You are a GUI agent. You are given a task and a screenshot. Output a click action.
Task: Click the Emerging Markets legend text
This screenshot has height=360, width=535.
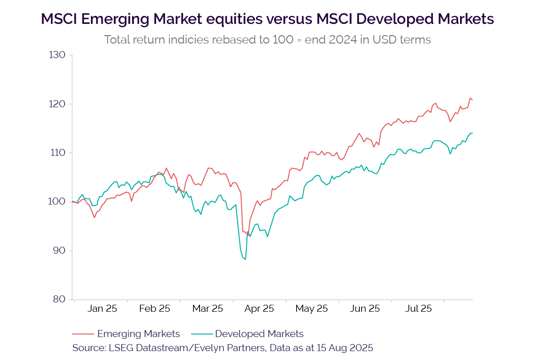pos(138,334)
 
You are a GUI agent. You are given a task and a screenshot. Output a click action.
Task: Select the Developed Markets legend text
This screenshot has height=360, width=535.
pos(259,334)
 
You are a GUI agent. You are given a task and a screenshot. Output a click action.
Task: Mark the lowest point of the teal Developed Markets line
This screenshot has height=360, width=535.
pos(245,259)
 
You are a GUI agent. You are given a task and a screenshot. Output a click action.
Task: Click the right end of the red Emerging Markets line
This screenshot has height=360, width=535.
pos(472,100)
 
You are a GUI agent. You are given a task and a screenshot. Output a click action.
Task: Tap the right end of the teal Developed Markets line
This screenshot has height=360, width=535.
pos(472,133)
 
